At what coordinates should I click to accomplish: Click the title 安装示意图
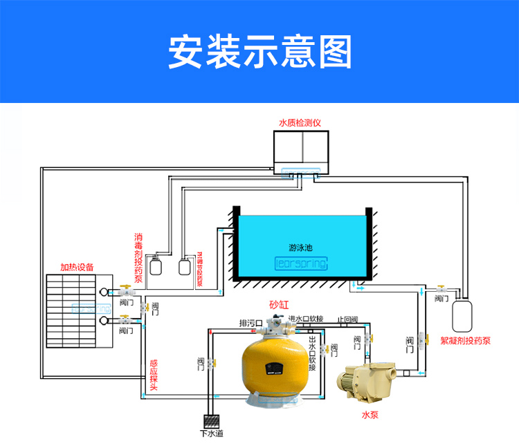[259, 52]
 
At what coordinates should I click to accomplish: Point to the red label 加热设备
[77, 267]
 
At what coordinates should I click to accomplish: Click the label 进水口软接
[306, 319]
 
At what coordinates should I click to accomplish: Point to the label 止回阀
[347, 319]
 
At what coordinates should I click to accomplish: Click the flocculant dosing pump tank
[462, 315]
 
